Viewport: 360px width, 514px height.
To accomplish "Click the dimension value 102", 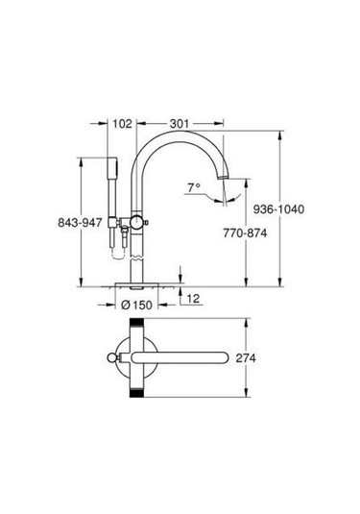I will [122, 123].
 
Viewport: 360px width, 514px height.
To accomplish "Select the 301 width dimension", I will [180, 123].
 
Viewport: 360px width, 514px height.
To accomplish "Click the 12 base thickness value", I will [193, 300].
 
